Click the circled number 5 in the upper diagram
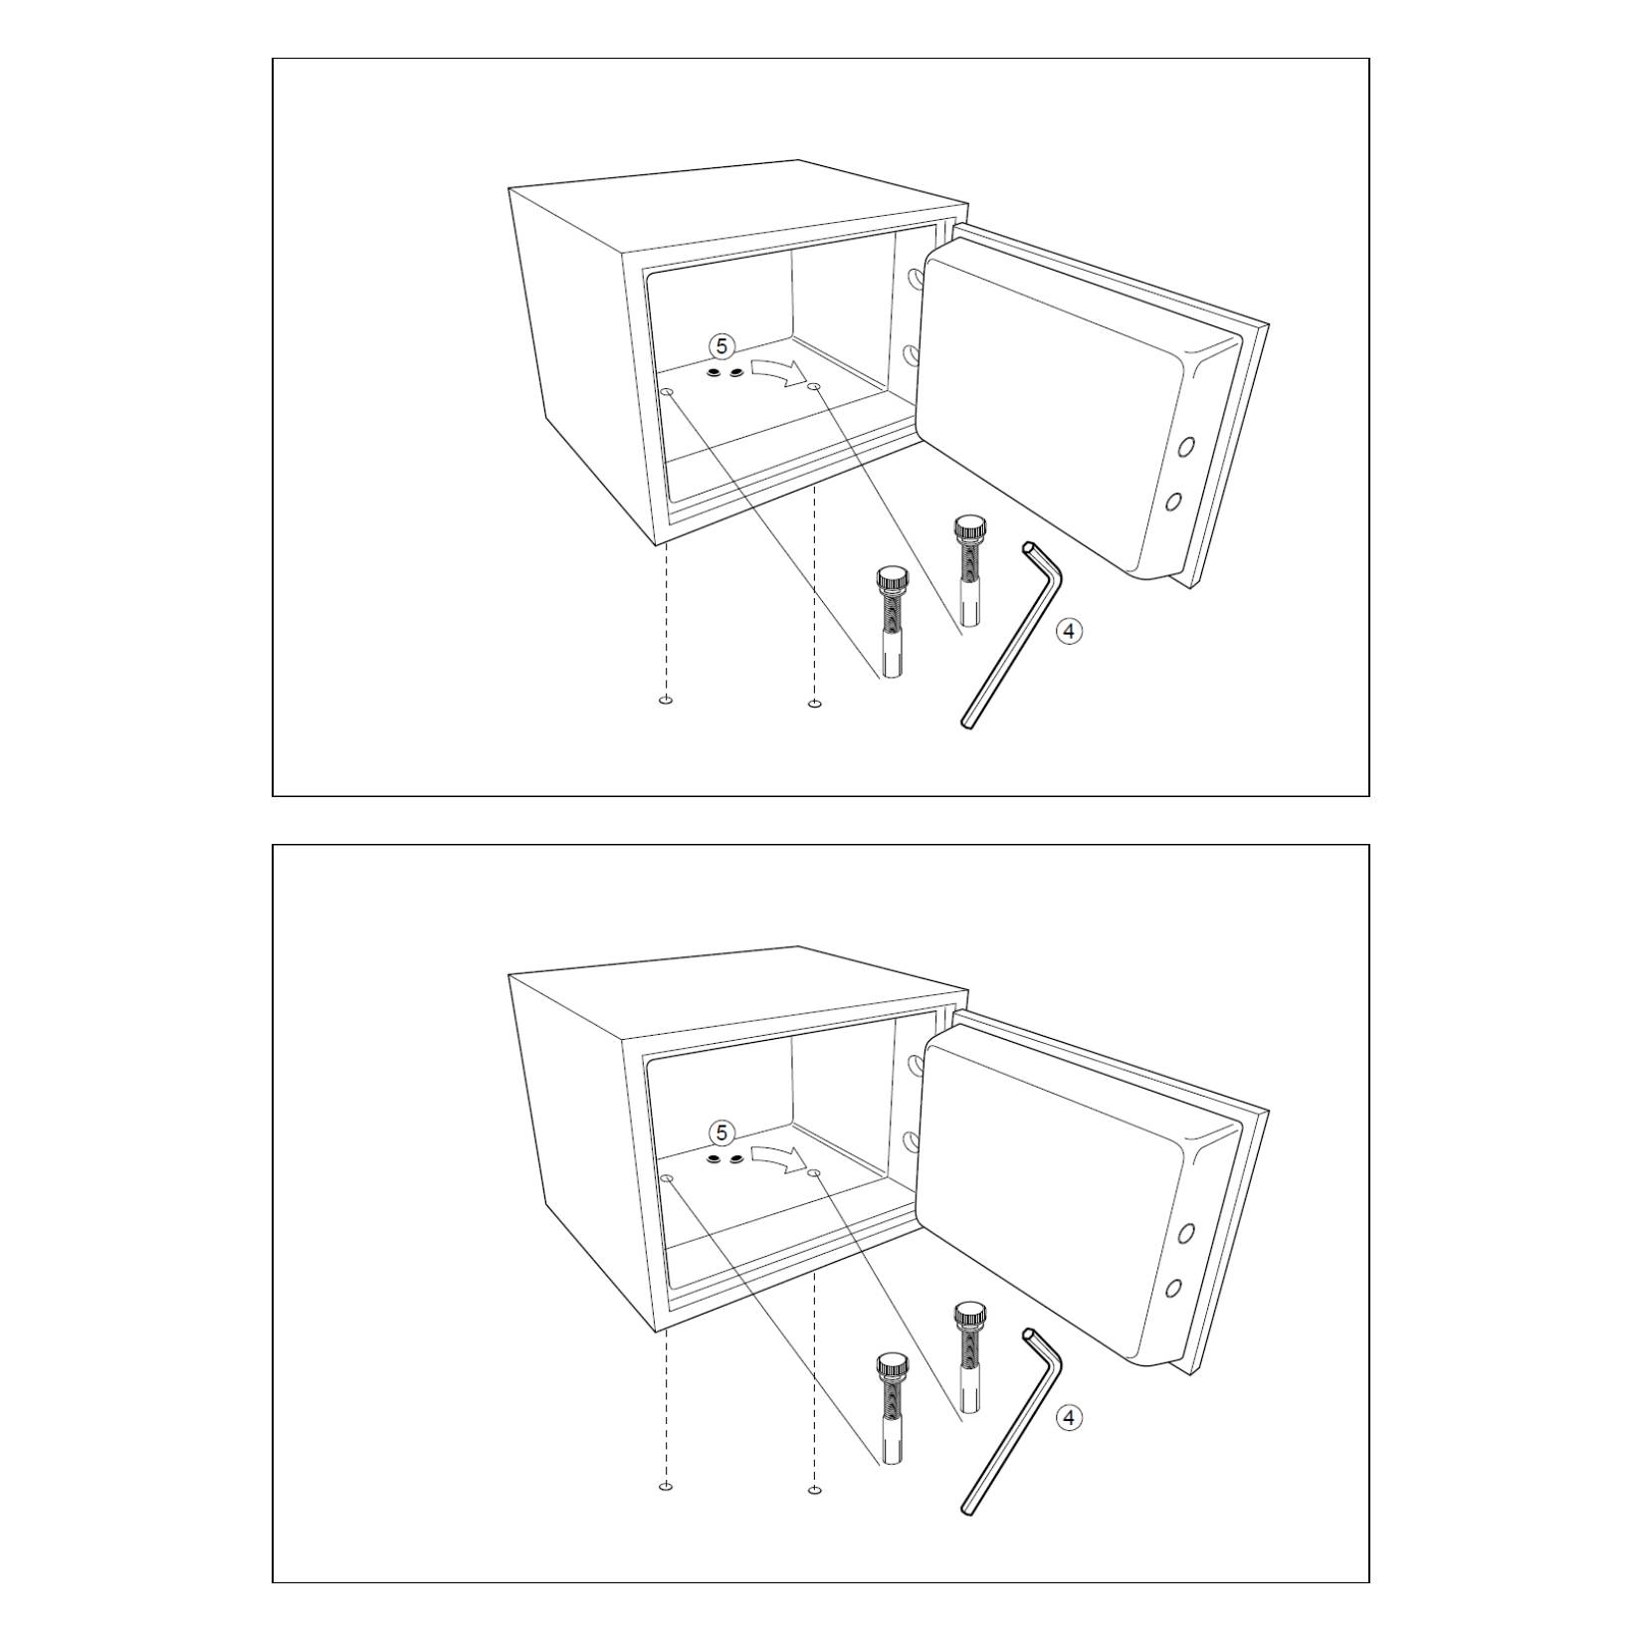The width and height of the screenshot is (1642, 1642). pos(722,345)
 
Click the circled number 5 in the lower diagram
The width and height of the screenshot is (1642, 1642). pos(722,1132)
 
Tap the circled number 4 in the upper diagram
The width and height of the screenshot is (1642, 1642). pos(1069,630)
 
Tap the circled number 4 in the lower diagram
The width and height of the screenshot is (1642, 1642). pos(1069,1417)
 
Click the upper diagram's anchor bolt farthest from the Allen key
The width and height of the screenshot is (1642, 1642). pos(892,622)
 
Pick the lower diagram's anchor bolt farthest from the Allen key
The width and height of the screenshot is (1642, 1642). pos(892,1409)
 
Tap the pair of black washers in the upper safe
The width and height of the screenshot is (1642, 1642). pos(724,372)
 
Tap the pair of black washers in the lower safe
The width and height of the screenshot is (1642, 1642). pos(724,1159)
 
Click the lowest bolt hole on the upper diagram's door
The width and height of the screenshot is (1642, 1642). pos(1173,500)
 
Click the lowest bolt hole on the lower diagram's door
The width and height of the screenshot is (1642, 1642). pos(1173,1287)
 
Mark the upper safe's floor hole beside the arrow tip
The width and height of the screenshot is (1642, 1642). pos(814,386)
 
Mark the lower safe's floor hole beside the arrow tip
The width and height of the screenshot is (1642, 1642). pos(814,1173)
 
